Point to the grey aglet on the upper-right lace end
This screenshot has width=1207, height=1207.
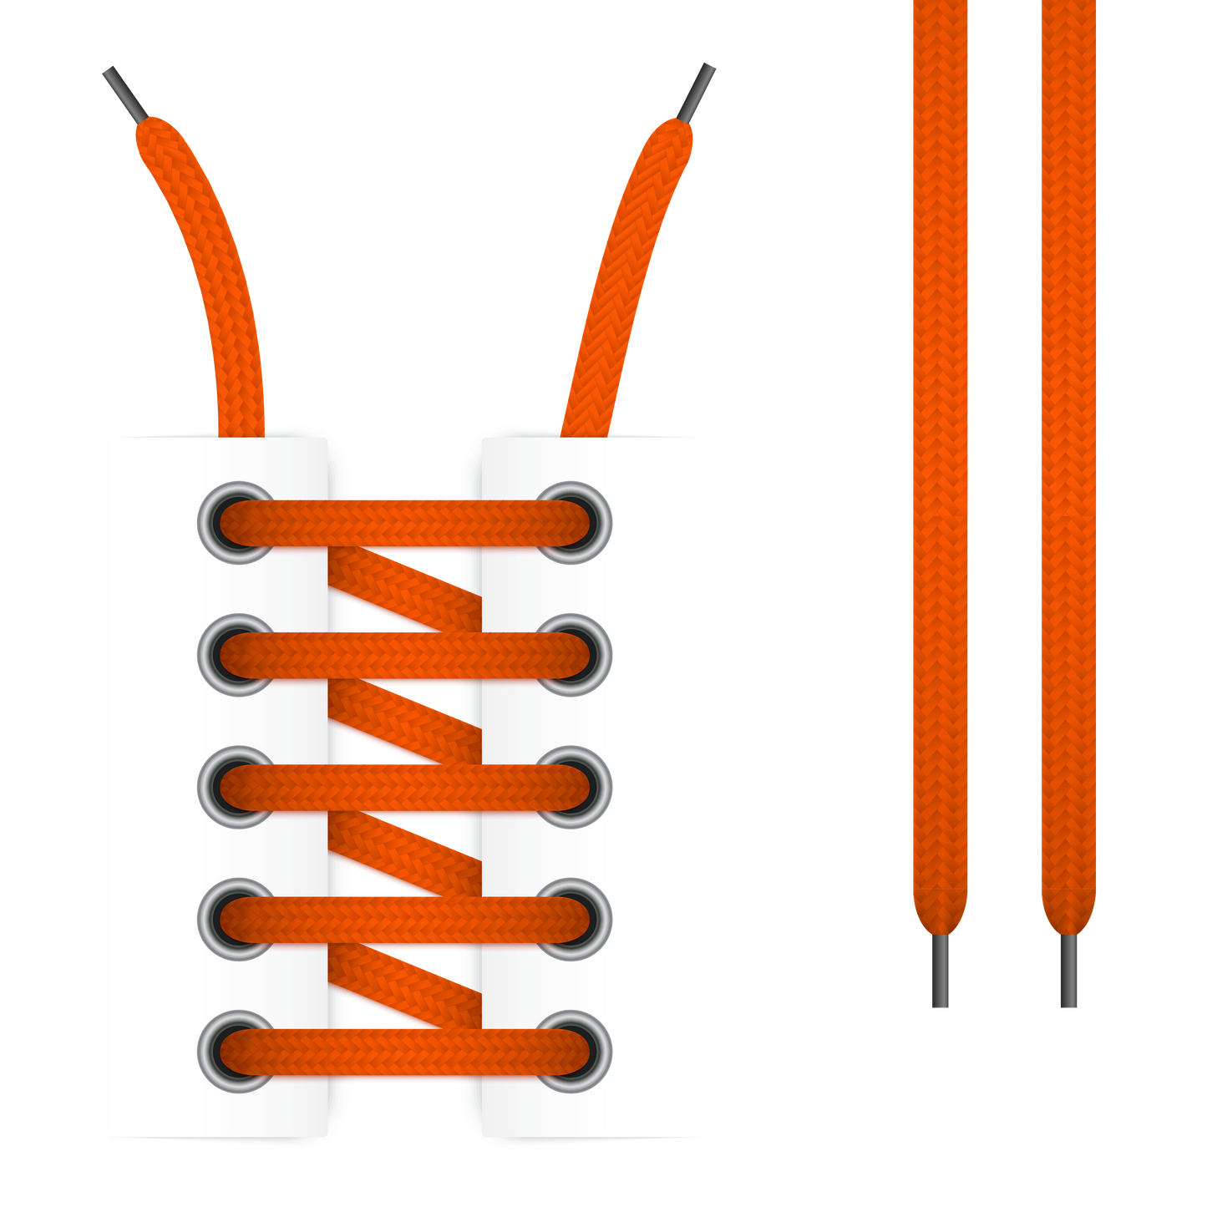pos(697,90)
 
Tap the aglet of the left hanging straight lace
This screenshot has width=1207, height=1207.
pos(941,971)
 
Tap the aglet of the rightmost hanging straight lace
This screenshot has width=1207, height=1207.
pos(1068,971)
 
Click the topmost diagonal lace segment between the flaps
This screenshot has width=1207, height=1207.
pos(406,590)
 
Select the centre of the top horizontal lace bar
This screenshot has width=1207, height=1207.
pos(405,523)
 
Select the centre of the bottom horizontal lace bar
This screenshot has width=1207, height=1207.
pos(405,1052)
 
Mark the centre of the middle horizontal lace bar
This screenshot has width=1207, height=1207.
pos(405,787)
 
